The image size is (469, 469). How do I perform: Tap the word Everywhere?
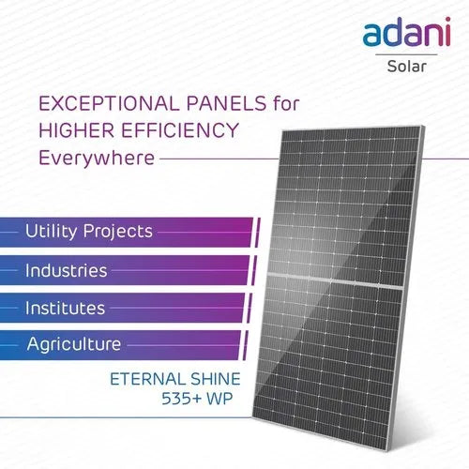(x=94, y=158)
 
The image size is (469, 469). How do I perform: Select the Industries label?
(x=67, y=270)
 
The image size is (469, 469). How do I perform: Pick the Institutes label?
(x=66, y=307)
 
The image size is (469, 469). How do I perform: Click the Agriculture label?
(x=74, y=344)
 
